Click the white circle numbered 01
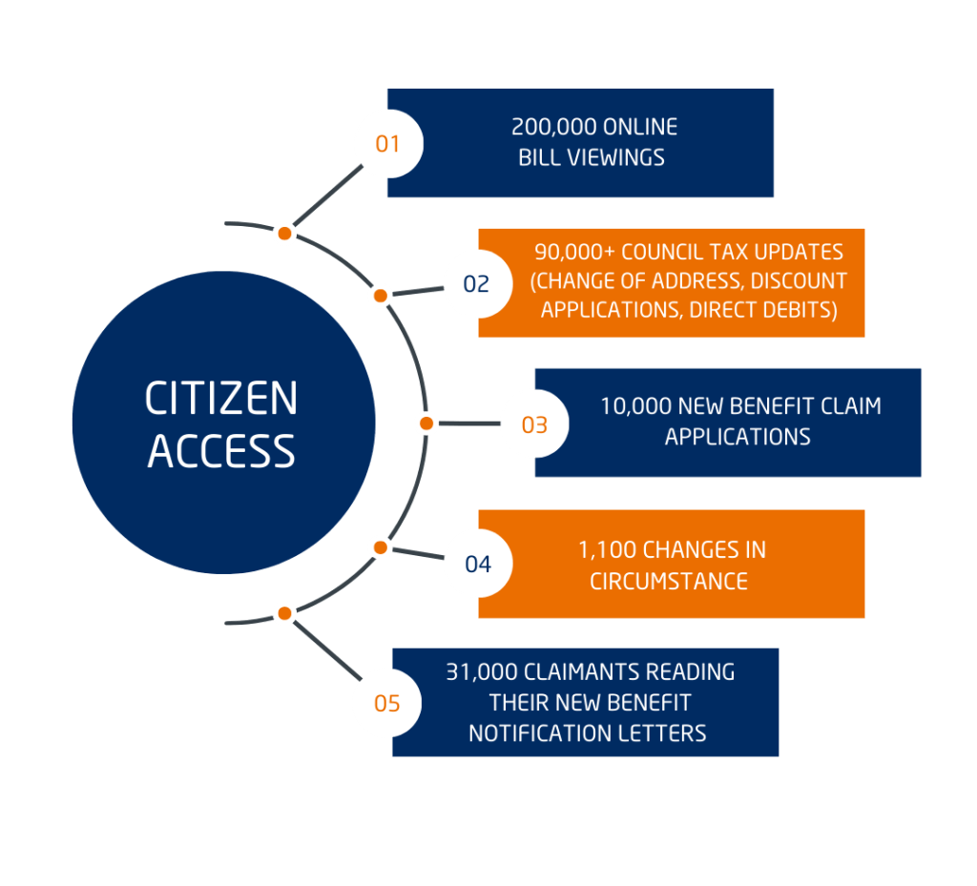click(388, 144)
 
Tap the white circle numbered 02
click(477, 284)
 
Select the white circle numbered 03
click(534, 424)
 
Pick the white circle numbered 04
click(478, 564)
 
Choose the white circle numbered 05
click(387, 704)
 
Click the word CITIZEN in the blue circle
click(221, 399)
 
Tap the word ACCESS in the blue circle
click(221, 450)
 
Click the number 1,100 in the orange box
click(607, 550)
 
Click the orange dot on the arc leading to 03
click(426, 422)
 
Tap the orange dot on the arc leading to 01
click(284, 234)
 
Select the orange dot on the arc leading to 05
click(284, 613)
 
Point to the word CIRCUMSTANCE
click(669, 581)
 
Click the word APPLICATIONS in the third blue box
click(738, 437)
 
